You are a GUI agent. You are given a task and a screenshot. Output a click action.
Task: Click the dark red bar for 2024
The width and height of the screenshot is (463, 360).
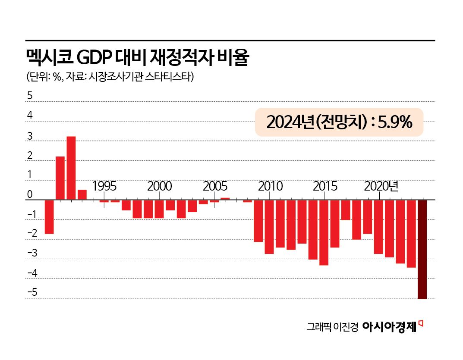[x=422, y=249]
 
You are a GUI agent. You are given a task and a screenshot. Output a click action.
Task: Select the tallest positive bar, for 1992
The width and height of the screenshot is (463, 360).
[x=71, y=168]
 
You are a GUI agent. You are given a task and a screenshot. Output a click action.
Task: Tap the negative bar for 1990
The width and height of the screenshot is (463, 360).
[x=49, y=217]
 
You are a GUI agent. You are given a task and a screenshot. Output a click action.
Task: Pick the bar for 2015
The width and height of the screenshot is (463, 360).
[x=324, y=232]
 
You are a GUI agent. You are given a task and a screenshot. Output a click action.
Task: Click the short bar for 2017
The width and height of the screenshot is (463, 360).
[x=346, y=210]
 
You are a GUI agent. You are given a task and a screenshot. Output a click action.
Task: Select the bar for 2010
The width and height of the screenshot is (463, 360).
[x=269, y=227]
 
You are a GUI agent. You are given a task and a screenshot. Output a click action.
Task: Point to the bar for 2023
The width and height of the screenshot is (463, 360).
[x=411, y=234]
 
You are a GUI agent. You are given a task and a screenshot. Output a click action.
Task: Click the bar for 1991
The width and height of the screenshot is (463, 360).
[x=60, y=178]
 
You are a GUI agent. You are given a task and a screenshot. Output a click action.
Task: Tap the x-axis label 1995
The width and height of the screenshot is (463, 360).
[x=104, y=186]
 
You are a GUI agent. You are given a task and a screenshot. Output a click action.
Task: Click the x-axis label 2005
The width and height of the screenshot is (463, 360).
[x=215, y=186]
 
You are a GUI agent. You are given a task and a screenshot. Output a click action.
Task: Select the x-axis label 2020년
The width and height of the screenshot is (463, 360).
[x=381, y=186]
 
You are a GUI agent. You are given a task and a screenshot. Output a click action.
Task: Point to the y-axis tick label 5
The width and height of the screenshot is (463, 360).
[x=30, y=96]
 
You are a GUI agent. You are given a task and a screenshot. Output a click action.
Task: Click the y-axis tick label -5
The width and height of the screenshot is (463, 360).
[x=32, y=293]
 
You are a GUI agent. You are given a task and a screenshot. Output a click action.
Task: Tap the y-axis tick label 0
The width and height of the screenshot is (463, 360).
[x=30, y=195]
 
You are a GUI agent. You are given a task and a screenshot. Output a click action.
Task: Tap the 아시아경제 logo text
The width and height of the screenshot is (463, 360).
[x=389, y=327]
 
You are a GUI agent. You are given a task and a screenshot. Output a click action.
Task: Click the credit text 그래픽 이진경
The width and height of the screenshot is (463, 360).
[x=332, y=327]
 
